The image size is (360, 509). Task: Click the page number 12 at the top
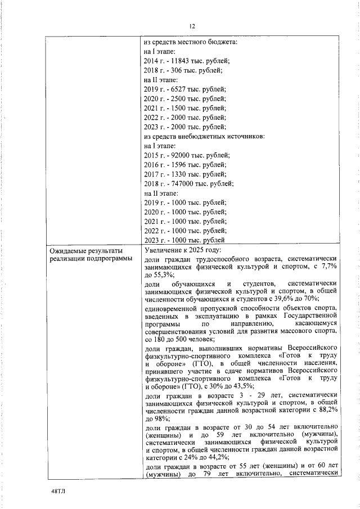[192, 26]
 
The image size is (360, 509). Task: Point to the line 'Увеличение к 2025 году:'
[183, 250]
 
